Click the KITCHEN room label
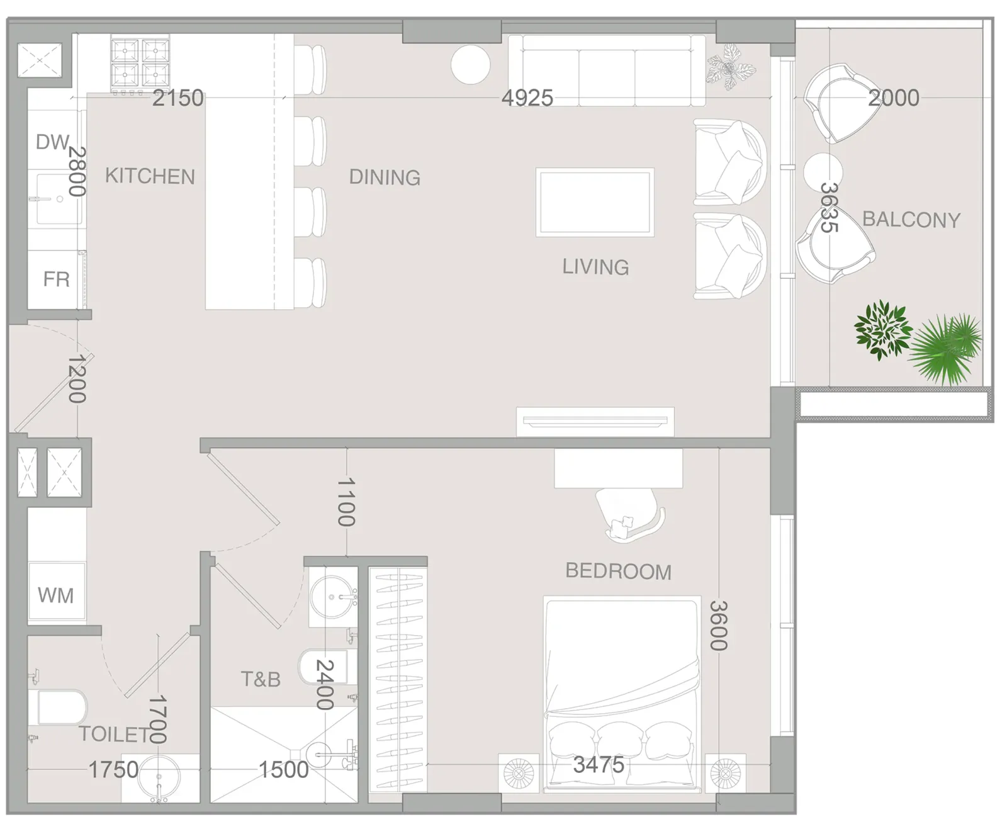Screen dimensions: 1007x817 point(150,176)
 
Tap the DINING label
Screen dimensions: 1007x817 point(385,177)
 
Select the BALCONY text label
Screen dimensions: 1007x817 point(911,220)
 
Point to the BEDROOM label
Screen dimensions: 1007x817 point(619,571)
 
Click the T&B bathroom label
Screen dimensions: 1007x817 point(261,679)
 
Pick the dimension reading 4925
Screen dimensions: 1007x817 point(527,98)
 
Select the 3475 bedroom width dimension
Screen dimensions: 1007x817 point(599,765)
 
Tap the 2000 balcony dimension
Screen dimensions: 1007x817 point(894,98)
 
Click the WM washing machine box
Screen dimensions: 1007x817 point(57,591)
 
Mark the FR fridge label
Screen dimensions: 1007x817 point(56,279)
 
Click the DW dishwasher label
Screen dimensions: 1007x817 point(52,142)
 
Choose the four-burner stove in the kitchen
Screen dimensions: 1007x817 point(140,65)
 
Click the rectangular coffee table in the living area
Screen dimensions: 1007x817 point(595,202)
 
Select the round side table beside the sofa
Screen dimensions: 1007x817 point(470,65)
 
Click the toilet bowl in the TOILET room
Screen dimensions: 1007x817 point(58,707)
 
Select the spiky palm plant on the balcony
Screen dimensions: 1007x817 point(944,349)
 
